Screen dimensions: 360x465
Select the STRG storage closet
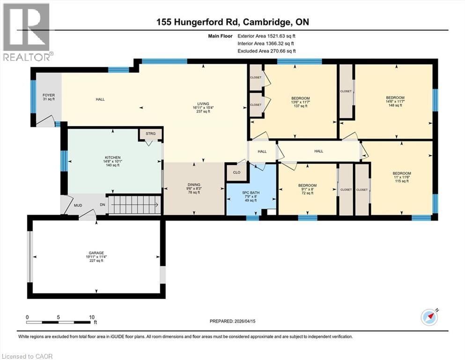pos(150,134)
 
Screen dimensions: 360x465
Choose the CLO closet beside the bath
pos(236,172)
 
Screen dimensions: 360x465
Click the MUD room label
pos(78,205)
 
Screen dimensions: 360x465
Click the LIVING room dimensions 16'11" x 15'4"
pos(203,108)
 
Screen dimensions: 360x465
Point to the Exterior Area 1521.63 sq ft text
pos(266,35)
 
